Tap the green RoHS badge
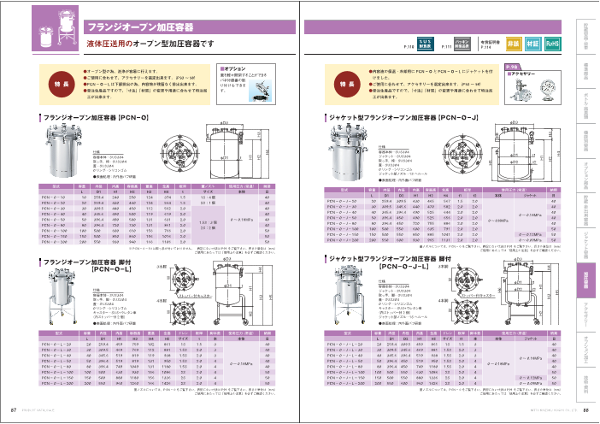[552, 42]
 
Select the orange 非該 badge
[513, 42]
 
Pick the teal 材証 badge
[532, 42]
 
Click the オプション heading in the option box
[234, 69]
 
